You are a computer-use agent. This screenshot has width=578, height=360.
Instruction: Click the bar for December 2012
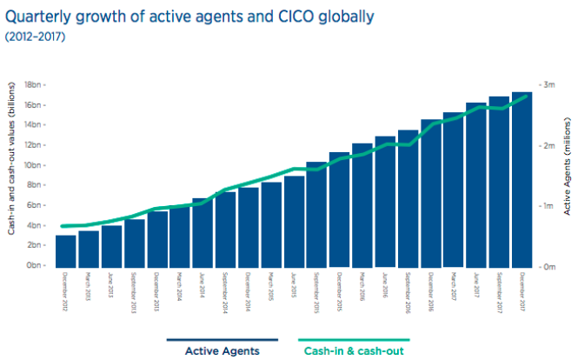(66, 250)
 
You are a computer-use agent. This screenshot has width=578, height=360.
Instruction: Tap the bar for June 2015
(295, 221)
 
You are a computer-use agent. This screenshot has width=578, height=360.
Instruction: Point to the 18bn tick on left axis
(37, 84)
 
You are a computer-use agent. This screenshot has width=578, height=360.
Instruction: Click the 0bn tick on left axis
(38, 265)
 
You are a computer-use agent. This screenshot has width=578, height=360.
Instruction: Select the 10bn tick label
(37, 165)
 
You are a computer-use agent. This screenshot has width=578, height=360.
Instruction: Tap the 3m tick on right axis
(548, 85)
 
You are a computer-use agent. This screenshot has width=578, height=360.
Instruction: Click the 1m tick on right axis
(548, 206)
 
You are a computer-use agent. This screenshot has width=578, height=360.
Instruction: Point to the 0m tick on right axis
(548, 266)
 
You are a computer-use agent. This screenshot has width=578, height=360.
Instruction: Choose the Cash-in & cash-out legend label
(353, 351)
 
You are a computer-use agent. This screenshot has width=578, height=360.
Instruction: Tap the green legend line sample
(353, 340)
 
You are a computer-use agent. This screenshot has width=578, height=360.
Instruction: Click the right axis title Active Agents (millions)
(567, 174)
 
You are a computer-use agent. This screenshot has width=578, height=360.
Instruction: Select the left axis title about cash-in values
(10, 174)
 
